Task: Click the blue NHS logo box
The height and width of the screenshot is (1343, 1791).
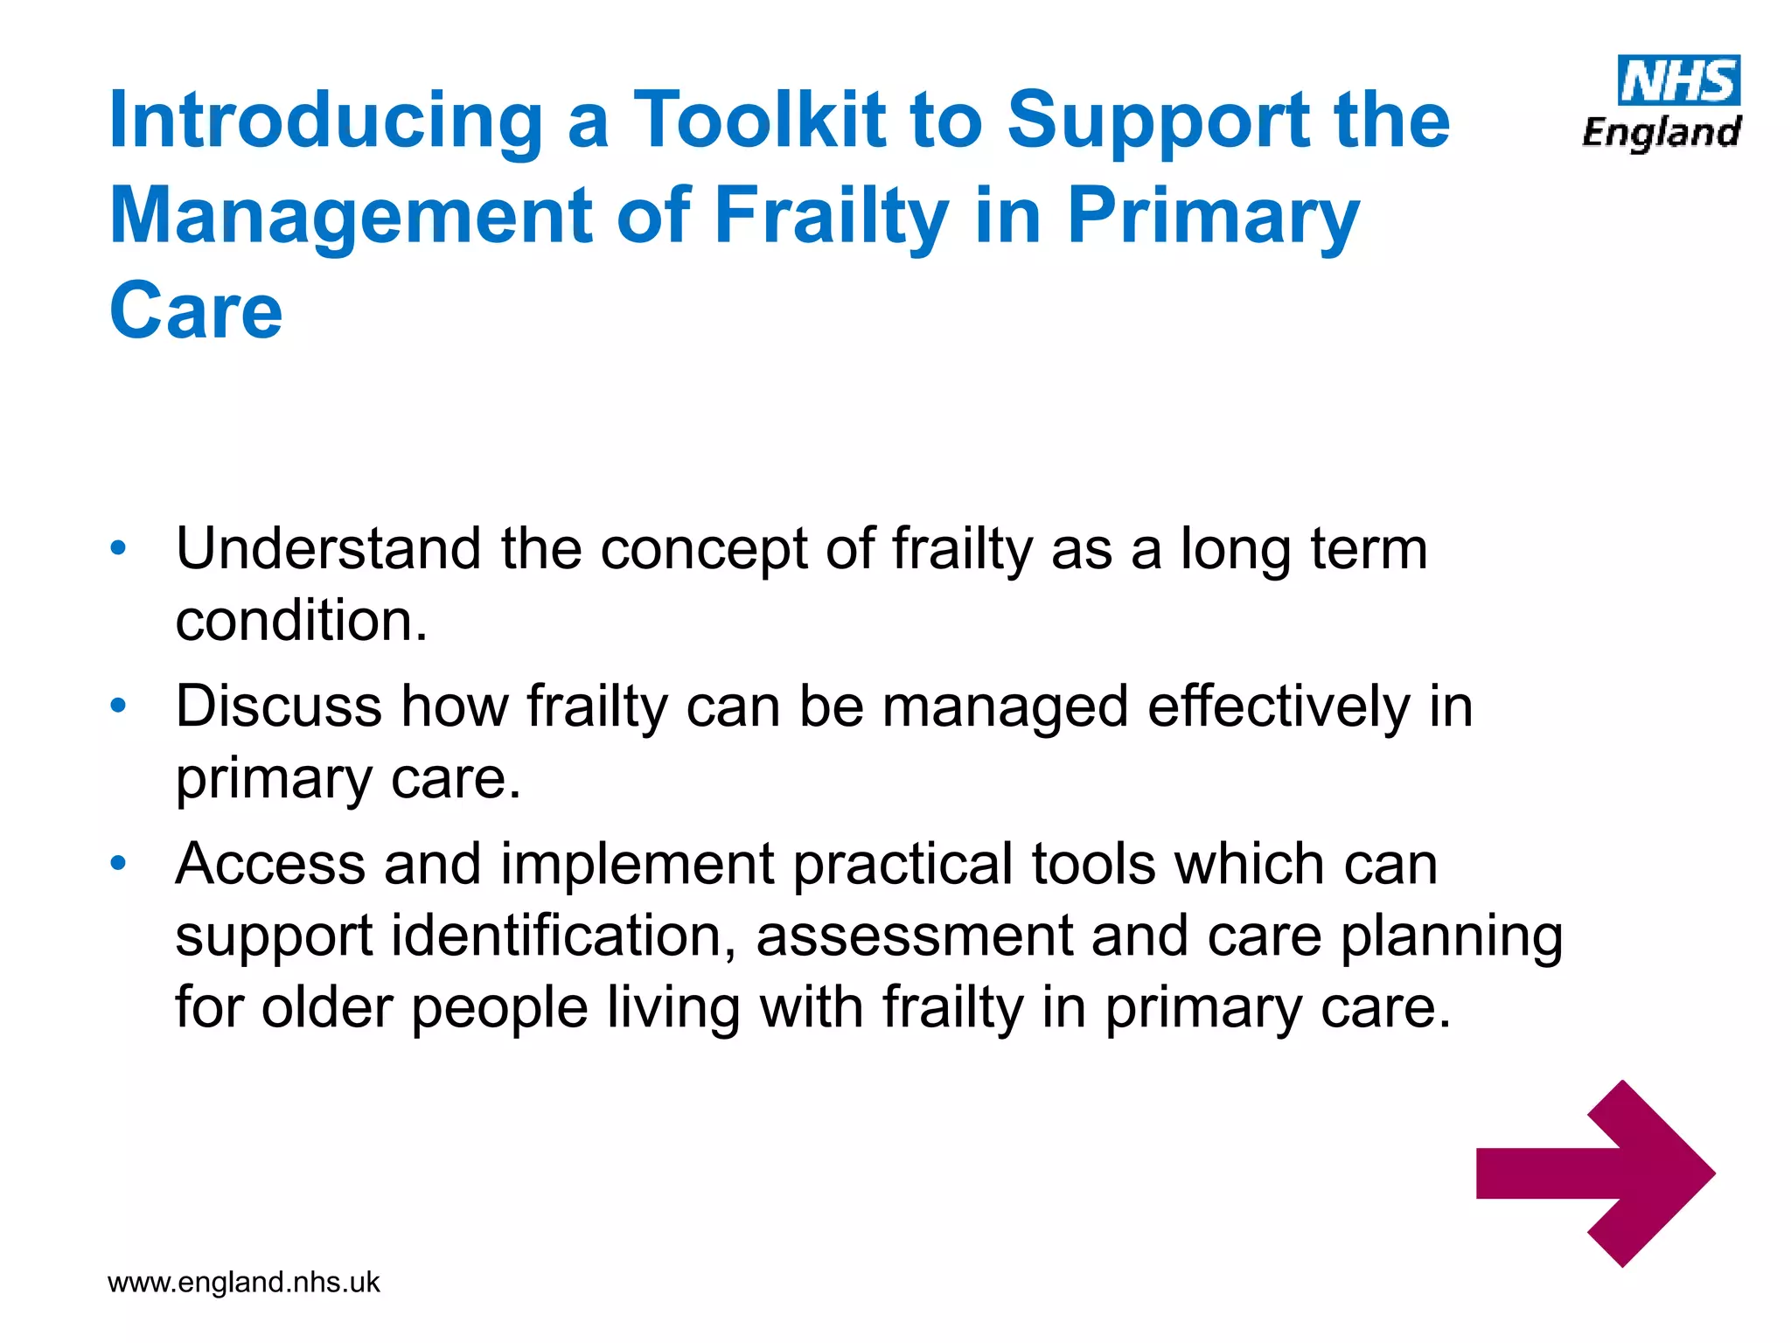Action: coord(1678,80)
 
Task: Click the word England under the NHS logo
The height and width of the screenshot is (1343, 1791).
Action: coord(1661,133)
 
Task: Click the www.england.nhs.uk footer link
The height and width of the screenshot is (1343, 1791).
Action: coord(243,1282)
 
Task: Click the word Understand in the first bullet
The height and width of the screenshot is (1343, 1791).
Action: coord(328,549)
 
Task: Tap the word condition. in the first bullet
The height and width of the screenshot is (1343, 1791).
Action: coord(302,621)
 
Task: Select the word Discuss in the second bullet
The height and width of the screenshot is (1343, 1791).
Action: coord(278,706)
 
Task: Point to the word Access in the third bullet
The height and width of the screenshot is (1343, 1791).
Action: coord(269,864)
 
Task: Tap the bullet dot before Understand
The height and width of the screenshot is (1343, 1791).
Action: coord(119,549)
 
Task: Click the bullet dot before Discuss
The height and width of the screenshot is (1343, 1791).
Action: coord(119,706)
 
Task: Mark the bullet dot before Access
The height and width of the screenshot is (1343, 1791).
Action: coord(119,864)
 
